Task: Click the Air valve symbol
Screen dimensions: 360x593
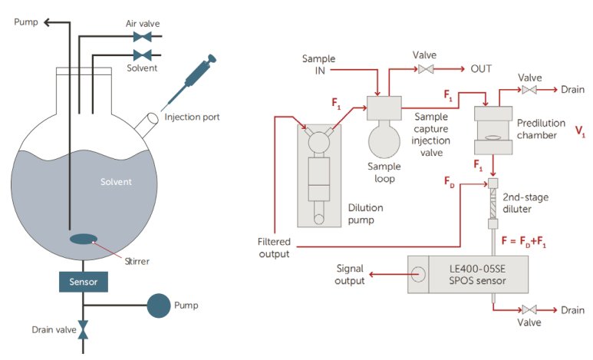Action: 142,37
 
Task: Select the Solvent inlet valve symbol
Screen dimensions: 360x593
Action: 142,54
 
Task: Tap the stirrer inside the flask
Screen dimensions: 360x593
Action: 84,239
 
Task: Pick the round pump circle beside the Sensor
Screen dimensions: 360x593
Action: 159,305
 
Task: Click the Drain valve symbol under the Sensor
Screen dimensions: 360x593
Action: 84,329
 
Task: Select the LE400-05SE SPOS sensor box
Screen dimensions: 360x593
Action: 467,274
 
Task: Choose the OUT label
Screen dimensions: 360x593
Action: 481,69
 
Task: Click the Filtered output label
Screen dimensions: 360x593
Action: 274,248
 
